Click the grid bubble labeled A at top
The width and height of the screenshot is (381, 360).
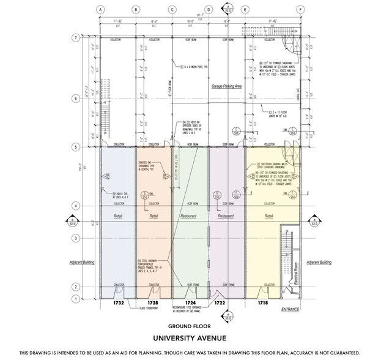tap(100, 10)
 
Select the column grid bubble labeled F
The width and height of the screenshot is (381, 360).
tap(300, 10)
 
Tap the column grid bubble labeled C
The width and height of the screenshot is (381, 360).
tap(172, 10)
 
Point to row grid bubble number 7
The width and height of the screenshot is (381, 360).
tap(75, 37)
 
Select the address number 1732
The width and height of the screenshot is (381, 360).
tap(119, 303)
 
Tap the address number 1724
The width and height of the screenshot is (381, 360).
tap(190, 303)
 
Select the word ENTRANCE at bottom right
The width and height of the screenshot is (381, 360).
tap(290, 310)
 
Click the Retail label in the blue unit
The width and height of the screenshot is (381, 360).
tap(119, 216)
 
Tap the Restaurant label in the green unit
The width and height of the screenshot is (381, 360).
tap(190, 216)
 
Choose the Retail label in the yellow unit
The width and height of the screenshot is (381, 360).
tap(268, 216)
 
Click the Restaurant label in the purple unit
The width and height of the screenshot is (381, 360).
tap(226, 216)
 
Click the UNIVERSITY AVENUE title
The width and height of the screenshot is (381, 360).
tap(190, 338)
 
